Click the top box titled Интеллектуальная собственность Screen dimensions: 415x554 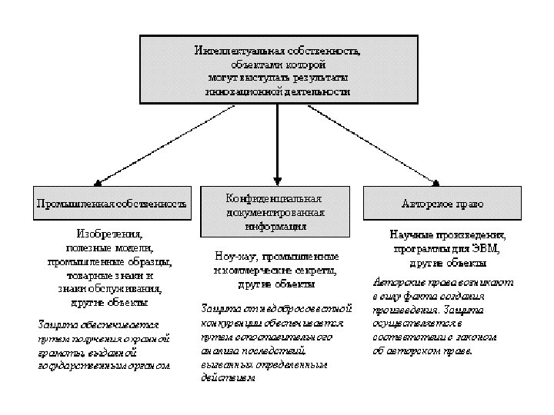pyautogui.click(x=277, y=69)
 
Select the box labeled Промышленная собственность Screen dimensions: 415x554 pyautogui.click(x=112, y=204)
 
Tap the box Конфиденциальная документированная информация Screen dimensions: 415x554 pyautogui.click(x=276, y=211)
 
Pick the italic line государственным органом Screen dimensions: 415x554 pyautogui.click(x=104, y=364)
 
